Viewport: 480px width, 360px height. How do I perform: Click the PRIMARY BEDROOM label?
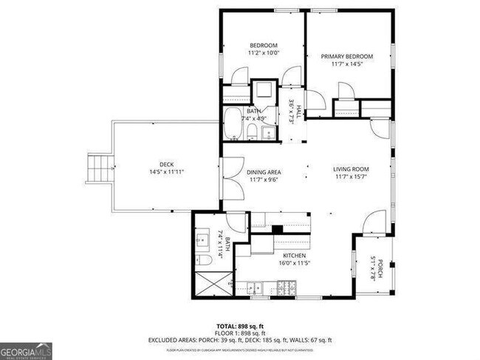click(346, 57)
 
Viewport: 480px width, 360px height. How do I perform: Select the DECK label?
click(166, 164)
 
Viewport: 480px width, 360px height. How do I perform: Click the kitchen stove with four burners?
click(286, 287)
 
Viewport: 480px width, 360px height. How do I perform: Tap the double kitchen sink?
click(258, 287)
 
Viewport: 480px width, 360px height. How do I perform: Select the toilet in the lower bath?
click(205, 260)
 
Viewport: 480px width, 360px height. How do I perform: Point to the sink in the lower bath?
click(203, 240)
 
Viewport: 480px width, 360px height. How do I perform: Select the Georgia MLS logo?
click(27, 350)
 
